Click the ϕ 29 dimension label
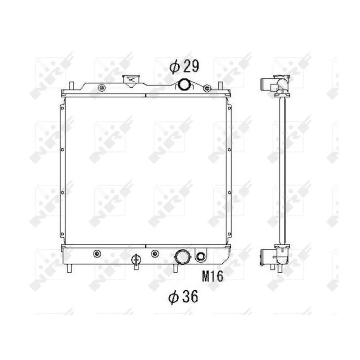click(184, 67)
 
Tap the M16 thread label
click(212, 276)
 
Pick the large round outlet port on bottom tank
click(183, 257)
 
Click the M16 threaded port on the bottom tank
click(201, 257)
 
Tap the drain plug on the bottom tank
click(135, 260)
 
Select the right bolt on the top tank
click(207, 87)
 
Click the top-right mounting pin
click(219, 85)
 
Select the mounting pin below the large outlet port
click(175, 268)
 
